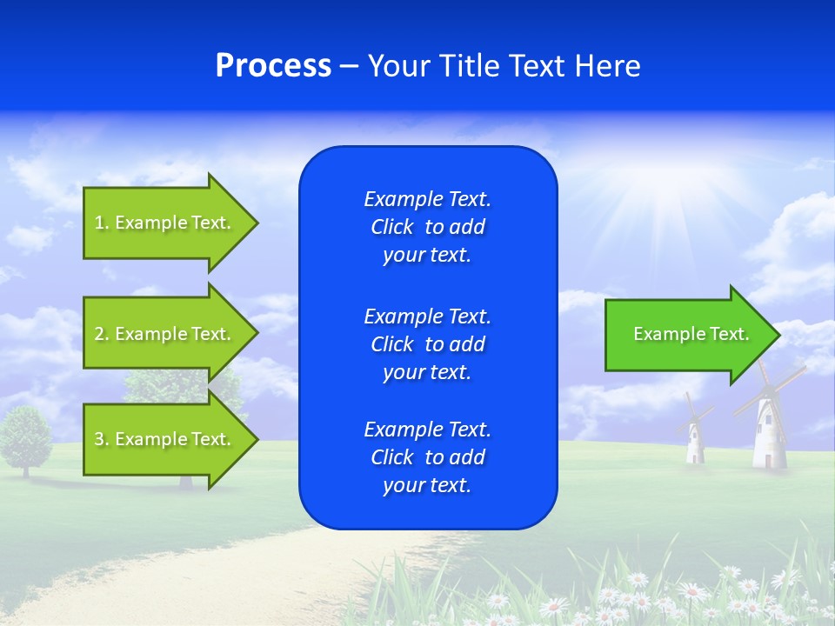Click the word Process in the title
point(273,66)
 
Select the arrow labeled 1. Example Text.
point(164,223)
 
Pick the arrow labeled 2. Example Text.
point(164,334)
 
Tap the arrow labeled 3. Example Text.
point(164,439)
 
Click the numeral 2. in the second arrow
point(102,334)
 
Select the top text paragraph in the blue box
point(427,227)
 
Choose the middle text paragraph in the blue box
point(427,344)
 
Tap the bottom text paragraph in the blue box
point(427,457)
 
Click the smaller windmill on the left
point(694,435)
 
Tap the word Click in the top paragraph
point(392,227)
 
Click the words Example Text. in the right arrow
point(691,334)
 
